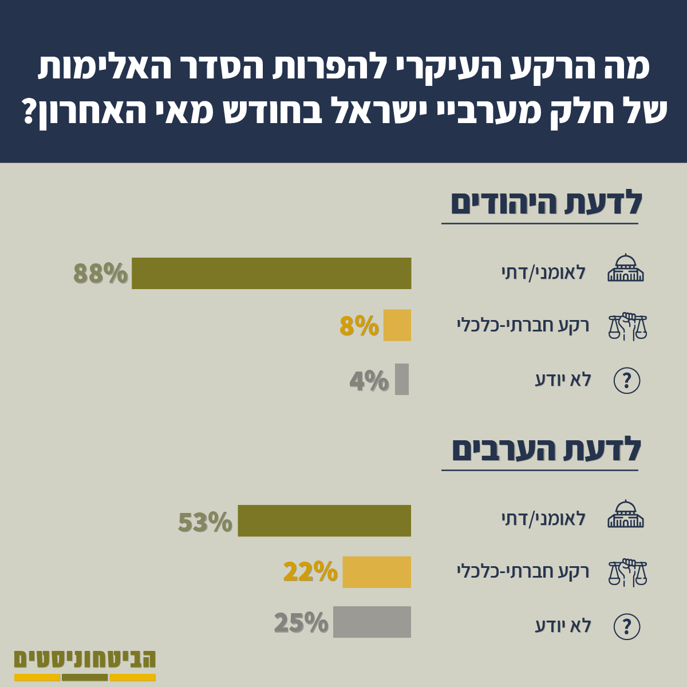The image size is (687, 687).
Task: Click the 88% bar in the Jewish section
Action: click(271, 273)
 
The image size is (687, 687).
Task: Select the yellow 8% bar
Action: click(397, 325)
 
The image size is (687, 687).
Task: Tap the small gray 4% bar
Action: click(402, 379)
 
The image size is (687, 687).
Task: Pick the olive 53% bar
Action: click(325, 520)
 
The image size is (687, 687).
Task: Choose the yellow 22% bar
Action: click(377, 572)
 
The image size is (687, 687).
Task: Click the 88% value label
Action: click(101, 274)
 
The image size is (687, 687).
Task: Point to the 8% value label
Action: click(360, 326)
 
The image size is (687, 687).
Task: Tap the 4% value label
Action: click(369, 381)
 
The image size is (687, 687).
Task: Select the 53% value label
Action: click(206, 522)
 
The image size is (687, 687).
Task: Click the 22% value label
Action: click(310, 572)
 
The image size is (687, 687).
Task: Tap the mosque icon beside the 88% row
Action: click(626, 268)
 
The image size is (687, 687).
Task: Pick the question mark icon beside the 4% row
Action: click(627, 380)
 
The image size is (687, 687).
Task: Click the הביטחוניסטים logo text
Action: click(85, 659)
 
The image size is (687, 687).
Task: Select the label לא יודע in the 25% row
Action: click(563, 626)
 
